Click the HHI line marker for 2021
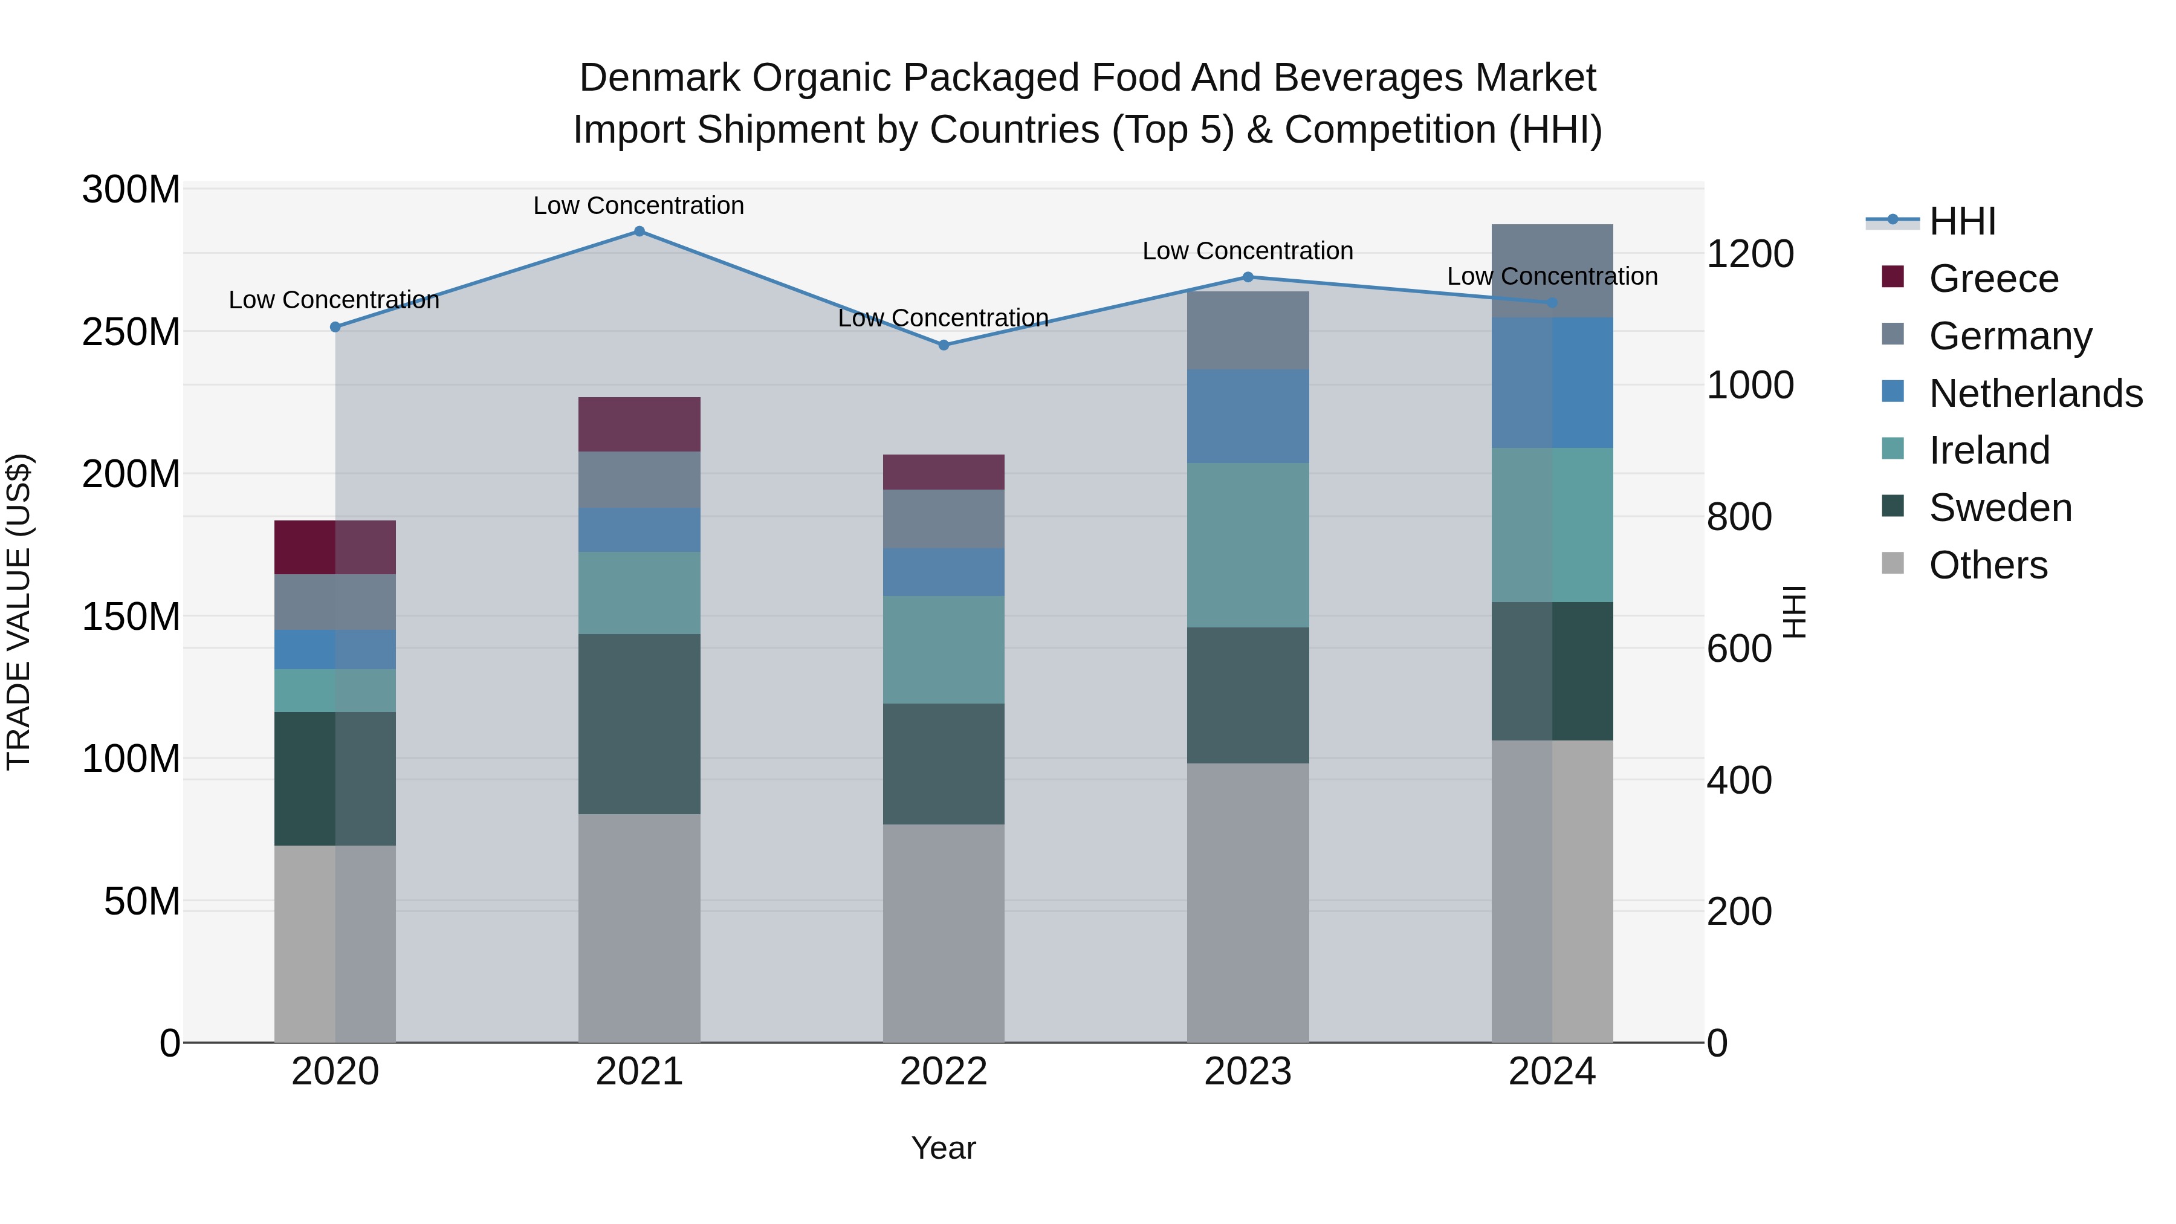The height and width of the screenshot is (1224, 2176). [x=640, y=232]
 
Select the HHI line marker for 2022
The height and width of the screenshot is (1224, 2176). [x=944, y=345]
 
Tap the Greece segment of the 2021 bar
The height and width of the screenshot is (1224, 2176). [x=640, y=424]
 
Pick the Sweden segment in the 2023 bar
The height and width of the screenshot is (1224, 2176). [x=1248, y=695]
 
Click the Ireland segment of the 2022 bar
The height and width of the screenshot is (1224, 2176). [x=944, y=650]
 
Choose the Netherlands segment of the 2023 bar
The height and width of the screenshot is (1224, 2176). [x=1248, y=416]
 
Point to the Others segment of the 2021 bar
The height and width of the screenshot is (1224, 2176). [x=640, y=927]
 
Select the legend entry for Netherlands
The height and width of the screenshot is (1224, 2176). [x=2036, y=393]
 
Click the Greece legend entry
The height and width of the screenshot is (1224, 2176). [x=1993, y=279]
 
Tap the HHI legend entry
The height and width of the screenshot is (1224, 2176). [x=1962, y=221]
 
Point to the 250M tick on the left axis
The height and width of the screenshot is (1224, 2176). [x=131, y=332]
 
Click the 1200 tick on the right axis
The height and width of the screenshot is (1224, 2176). [x=1750, y=253]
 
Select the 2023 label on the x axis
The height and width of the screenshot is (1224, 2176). [x=1248, y=1072]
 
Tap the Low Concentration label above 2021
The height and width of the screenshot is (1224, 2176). [x=639, y=206]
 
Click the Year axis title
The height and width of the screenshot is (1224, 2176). [x=944, y=1148]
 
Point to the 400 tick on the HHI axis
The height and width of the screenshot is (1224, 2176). [x=1739, y=780]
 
